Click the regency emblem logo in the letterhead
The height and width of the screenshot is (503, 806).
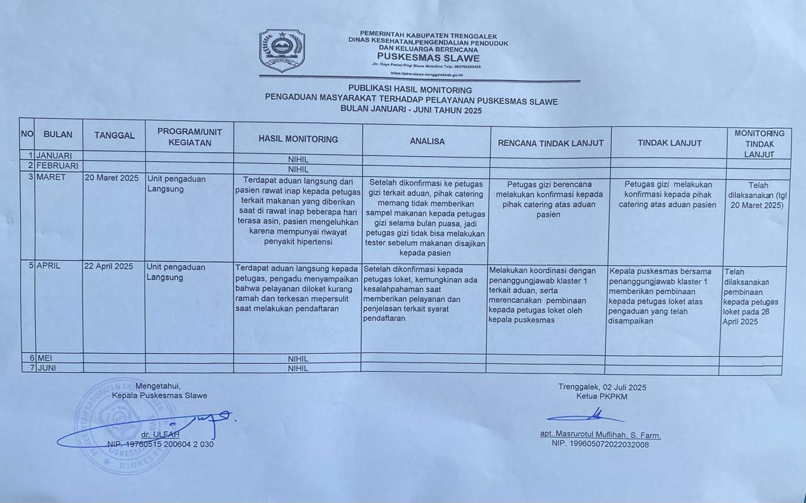click(x=282, y=50)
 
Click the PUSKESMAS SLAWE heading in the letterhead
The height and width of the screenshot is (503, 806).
click(x=428, y=58)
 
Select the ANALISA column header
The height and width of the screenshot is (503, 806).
click(x=427, y=142)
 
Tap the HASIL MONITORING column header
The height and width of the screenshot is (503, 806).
click(x=298, y=139)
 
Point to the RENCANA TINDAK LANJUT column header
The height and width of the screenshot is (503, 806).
click(x=550, y=143)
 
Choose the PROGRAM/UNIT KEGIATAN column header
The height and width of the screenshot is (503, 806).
click(x=190, y=137)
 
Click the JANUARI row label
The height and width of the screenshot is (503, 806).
click(x=54, y=155)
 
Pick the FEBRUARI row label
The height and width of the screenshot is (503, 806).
click(x=57, y=166)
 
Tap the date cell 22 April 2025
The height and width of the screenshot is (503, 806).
click(x=108, y=266)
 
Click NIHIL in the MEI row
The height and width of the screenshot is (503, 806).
click(x=298, y=359)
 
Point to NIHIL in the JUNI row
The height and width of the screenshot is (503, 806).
click(x=298, y=368)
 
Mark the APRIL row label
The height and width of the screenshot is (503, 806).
click(x=48, y=266)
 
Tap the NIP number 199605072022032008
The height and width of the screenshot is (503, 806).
click(x=600, y=444)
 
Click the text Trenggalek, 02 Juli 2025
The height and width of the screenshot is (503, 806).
click(x=602, y=387)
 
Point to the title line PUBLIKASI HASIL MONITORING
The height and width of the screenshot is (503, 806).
click(x=410, y=90)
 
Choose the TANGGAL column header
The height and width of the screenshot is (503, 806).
click(x=115, y=135)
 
